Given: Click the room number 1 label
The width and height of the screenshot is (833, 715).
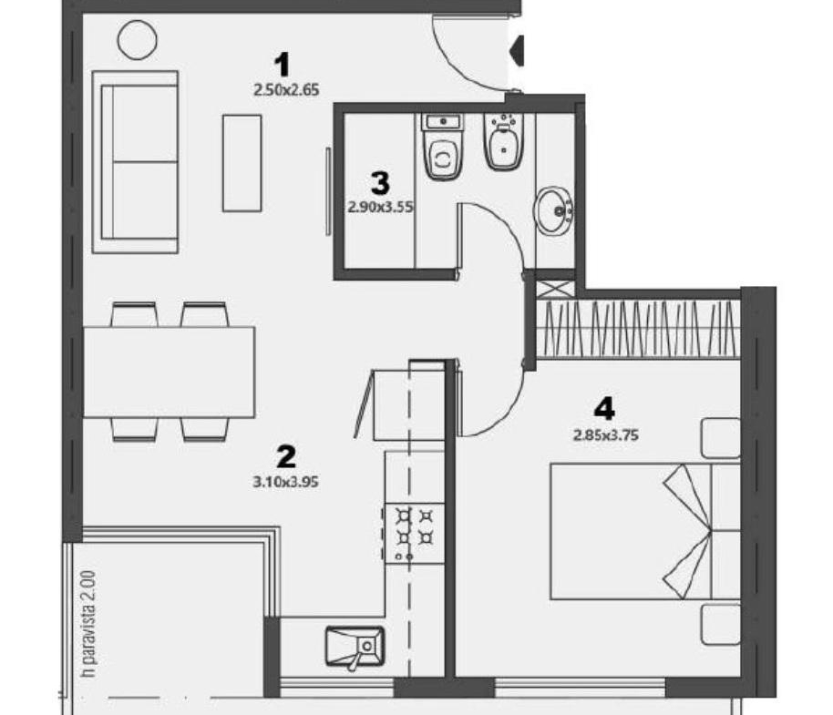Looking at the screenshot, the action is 282,65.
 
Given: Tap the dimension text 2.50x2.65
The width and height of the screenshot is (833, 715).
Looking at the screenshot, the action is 286,90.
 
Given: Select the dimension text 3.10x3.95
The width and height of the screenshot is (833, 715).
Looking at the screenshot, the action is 286,482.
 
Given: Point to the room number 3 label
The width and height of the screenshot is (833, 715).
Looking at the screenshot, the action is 380,183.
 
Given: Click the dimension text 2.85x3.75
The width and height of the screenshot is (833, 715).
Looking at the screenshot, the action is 606,435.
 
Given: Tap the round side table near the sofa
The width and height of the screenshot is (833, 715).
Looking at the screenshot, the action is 138,40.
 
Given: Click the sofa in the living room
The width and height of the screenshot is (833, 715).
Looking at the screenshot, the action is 135,162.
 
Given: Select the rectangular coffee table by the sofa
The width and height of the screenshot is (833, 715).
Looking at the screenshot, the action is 242,163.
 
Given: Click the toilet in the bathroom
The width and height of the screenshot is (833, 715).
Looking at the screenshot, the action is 443,147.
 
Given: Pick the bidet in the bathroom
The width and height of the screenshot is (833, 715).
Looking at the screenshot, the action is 503,141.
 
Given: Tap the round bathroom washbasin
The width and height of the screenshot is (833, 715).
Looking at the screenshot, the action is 554,210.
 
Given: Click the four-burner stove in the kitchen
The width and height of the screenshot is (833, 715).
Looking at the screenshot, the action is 415,533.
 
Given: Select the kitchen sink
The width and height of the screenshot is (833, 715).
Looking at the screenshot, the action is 355,647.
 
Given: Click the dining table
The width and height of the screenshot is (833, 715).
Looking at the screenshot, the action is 169,373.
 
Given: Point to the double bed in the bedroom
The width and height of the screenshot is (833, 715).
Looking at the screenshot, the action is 645,531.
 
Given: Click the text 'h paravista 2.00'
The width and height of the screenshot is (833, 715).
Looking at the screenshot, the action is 88,624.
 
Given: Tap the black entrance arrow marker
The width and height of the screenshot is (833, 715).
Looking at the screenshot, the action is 517,51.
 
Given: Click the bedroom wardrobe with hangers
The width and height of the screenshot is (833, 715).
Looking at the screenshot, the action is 638,329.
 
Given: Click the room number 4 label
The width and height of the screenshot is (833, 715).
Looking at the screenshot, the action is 604,409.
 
